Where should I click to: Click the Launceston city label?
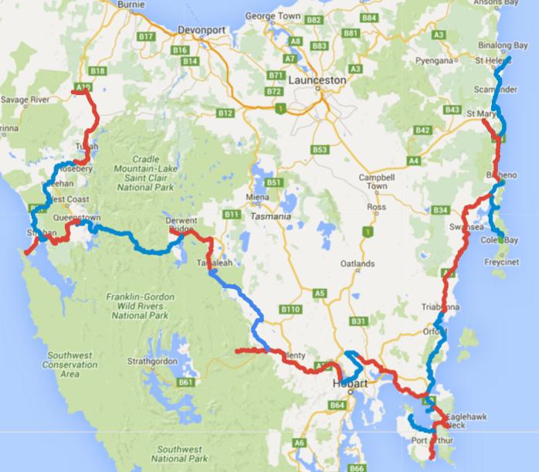pos(317,80)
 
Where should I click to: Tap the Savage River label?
pos(25,100)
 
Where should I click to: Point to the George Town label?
pos(272,15)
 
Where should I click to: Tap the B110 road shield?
pos(291,309)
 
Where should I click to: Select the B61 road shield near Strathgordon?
pos(186,382)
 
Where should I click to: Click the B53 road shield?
pos(320,150)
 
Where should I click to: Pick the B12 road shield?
pos(225,113)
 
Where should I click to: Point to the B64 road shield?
pos(337,405)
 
